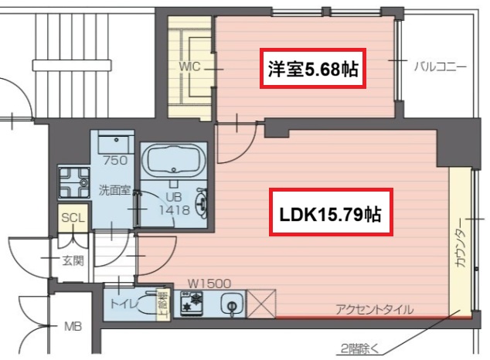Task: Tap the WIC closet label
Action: pyautogui.click(x=190, y=67)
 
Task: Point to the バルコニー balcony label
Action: pyautogui.click(x=440, y=67)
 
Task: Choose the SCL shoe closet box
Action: pyautogui.click(x=72, y=219)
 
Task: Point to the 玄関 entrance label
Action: pyautogui.click(x=73, y=260)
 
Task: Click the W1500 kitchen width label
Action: pyautogui.click(x=206, y=284)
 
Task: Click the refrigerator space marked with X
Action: pyautogui.click(x=262, y=304)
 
